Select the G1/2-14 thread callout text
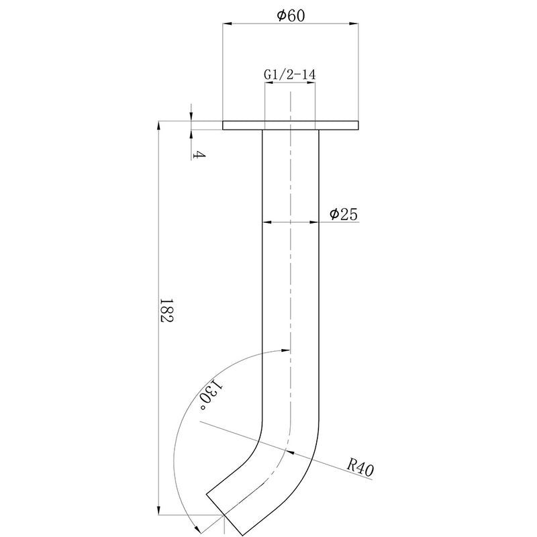point(290,75)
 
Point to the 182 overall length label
point(167,311)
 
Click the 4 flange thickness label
point(198,155)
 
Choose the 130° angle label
point(209,397)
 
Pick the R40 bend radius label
point(360,465)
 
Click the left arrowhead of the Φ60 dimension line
point(228,25)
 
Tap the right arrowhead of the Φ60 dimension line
point(355,25)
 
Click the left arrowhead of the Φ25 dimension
point(266,222)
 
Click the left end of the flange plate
point(224,126)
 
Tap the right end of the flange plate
point(358,126)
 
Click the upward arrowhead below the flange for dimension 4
point(191,134)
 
